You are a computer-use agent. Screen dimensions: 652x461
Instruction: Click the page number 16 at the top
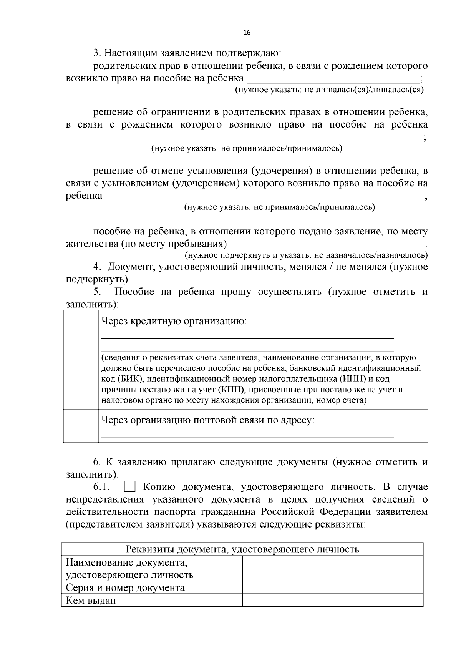pos(247,33)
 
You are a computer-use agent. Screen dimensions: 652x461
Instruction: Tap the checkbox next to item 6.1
pos(130,487)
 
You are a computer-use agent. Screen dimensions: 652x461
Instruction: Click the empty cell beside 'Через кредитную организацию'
pos(81,359)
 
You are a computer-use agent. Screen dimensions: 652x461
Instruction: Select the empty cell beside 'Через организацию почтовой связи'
pos(81,425)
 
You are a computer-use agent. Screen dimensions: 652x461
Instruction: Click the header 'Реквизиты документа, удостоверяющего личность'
pos(242,549)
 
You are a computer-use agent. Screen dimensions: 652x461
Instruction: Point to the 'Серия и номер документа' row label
pos(125,587)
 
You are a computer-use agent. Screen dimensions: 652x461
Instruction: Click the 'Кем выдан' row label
pos(91,600)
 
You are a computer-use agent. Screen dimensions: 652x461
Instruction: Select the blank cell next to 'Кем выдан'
pos(333,600)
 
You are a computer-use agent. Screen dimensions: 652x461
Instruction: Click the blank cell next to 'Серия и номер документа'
pos(333,587)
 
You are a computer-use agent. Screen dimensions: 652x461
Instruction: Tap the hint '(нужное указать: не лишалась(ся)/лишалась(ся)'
pos(329,90)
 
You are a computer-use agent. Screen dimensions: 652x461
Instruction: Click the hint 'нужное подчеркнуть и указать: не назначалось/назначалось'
pos(306,255)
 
